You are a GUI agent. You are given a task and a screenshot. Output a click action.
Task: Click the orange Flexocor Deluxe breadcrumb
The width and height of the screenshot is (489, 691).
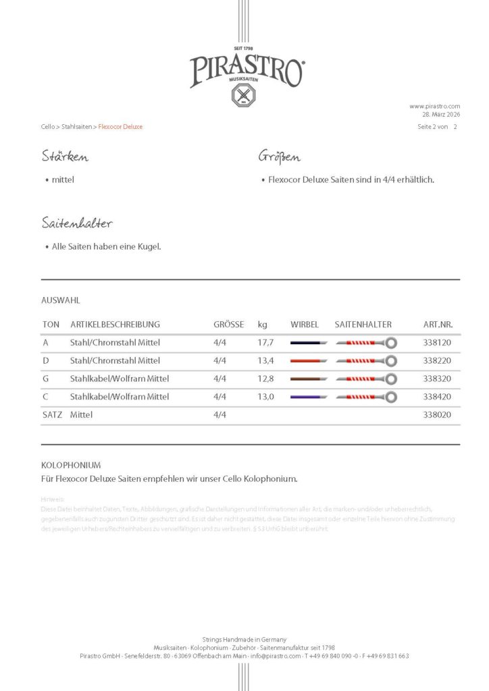pos(120,127)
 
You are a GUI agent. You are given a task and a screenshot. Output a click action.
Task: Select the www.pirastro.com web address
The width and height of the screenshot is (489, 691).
pos(434,106)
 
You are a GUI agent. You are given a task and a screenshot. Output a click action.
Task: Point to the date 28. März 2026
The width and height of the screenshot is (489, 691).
pos(441,115)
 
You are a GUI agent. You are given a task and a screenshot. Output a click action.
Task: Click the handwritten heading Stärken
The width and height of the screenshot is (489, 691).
pos(65,157)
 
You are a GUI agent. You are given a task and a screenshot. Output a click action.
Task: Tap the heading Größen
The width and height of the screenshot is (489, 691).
pos(280,157)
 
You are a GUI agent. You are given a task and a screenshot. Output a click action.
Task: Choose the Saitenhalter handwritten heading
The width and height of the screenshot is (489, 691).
pos(76,223)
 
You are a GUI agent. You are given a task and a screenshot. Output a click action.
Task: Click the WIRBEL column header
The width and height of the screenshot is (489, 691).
pos(304,325)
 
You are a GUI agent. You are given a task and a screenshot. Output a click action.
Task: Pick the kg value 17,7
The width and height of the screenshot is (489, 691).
pos(265,343)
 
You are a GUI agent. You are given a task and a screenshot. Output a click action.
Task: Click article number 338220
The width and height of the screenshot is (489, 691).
pos(437,361)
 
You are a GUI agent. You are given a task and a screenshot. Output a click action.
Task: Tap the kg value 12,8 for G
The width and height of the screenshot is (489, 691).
pos(265,379)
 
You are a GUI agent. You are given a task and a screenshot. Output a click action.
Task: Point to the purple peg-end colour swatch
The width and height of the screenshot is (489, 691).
pos(309,397)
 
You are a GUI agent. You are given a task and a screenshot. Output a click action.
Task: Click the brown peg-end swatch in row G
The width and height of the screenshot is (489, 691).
pos(309,379)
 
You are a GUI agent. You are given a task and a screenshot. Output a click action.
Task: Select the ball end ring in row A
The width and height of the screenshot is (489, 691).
pos(391,343)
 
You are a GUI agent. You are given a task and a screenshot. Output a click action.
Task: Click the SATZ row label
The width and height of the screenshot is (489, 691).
pos(52,415)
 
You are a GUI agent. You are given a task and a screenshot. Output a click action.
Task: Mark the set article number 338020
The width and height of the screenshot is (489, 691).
pos(437,415)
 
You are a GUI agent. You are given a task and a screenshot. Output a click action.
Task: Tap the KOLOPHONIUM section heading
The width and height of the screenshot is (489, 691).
pos(71,465)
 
